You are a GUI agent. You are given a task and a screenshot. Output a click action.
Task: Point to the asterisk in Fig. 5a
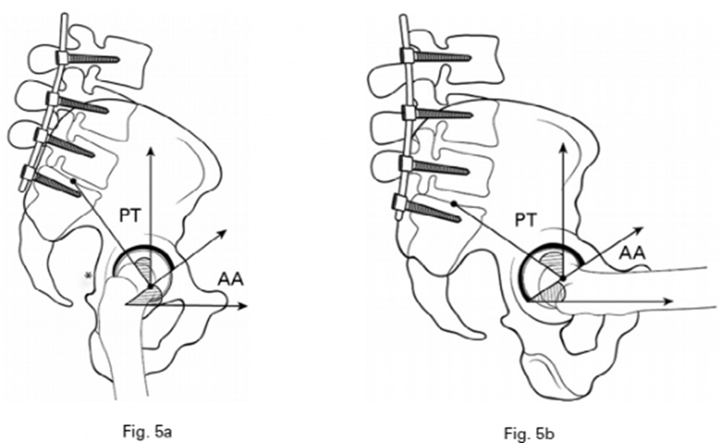click(x=87, y=274)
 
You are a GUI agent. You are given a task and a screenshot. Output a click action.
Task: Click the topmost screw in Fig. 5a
click(x=91, y=59)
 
